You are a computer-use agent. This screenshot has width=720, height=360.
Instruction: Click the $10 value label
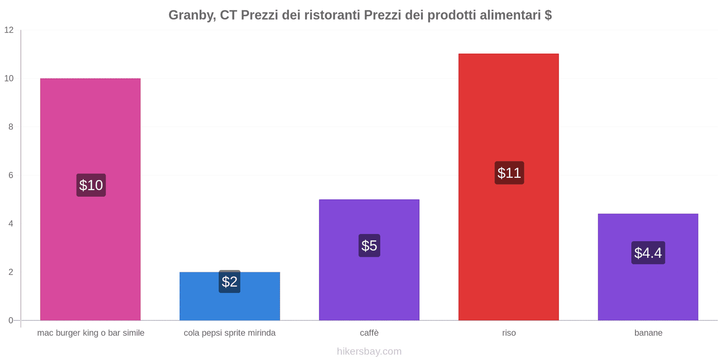tap(91, 185)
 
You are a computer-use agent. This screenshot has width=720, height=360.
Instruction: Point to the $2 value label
tap(229, 282)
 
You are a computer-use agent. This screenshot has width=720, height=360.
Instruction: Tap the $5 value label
tap(369, 246)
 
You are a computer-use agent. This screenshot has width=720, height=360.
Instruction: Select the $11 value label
tap(509, 173)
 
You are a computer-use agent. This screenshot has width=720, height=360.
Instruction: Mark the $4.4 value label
tap(648, 253)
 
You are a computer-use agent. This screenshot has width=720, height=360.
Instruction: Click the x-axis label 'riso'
tap(509, 333)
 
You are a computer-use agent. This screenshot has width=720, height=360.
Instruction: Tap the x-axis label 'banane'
tap(648, 333)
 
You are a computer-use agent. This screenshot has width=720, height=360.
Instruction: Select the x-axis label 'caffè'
tap(369, 333)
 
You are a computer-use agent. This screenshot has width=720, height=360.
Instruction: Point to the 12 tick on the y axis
tap(9, 30)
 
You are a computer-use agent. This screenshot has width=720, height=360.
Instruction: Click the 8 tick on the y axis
tap(11, 127)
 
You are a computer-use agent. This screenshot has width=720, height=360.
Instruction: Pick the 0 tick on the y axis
tap(11, 320)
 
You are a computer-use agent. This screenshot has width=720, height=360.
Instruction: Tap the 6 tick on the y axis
tap(11, 175)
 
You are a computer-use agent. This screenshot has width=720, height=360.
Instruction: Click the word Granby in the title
tap(191, 15)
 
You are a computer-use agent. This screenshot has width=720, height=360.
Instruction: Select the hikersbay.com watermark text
tap(369, 351)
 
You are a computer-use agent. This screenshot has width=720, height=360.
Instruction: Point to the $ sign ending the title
tap(548, 15)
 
